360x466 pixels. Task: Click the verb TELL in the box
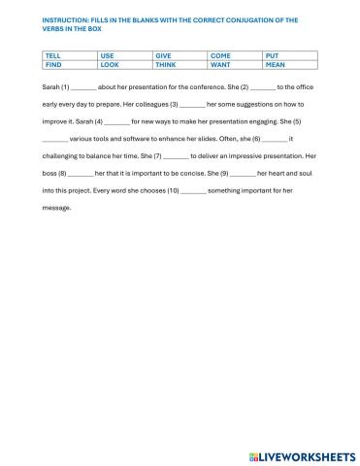52,56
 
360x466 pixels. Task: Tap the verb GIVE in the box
163,56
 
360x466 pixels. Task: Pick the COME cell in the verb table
219,56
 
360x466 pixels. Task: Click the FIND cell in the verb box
52,65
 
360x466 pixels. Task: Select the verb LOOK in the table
109,65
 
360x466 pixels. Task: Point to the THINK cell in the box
165,65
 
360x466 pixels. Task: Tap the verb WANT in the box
220,65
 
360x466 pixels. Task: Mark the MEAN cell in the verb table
275,65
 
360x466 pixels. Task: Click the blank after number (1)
84,87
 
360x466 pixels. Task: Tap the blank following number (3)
192,103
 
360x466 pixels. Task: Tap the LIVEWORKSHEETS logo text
307,454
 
